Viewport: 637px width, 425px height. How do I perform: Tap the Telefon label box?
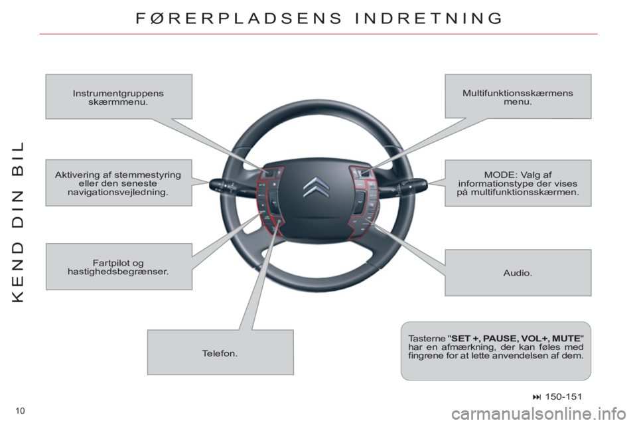(x=220, y=352)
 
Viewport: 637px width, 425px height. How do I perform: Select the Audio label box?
(x=518, y=272)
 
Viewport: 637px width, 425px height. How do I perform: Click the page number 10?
(x=20, y=411)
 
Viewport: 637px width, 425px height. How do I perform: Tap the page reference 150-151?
(x=563, y=396)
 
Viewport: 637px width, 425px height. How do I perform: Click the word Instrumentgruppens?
(x=118, y=93)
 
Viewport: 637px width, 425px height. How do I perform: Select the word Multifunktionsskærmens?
(x=518, y=93)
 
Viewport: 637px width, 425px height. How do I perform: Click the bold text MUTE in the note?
(x=567, y=339)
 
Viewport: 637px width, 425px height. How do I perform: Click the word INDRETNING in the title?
(x=429, y=19)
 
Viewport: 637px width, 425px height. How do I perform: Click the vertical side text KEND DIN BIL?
(x=19, y=222)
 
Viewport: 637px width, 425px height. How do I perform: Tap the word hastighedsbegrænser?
(x=118, y=271)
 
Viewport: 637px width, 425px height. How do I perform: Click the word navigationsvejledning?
(x=118, y=192)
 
